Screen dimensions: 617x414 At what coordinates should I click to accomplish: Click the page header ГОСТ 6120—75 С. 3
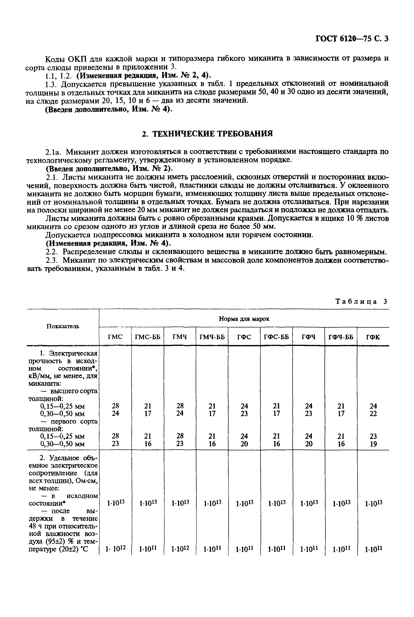click(351, 39)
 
